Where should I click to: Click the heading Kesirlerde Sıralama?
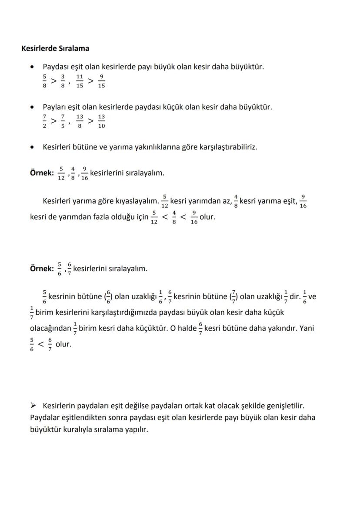55,48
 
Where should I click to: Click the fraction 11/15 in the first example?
80,81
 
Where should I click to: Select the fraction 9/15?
101,81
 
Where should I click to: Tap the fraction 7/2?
44,121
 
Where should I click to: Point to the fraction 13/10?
101,121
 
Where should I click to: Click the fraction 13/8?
80,121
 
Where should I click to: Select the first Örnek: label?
42,173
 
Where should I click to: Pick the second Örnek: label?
42,269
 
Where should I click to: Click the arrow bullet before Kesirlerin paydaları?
33,406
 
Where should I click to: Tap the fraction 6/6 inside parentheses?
108,297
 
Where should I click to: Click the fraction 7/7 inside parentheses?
233,297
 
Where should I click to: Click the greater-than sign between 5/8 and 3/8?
53,81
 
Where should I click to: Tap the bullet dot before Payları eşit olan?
32,107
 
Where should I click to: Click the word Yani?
307,328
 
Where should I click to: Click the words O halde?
183,328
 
